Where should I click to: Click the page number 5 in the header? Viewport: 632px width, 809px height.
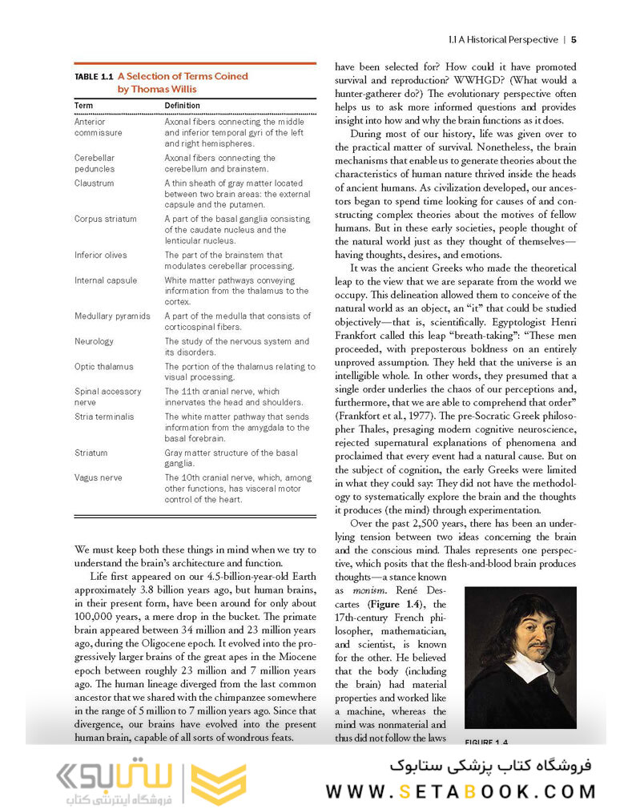pos(574,39)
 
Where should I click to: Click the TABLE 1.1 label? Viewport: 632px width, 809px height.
pos(94,77)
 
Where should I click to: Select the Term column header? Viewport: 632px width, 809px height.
pos(84,106)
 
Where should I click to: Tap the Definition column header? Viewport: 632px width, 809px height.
pos(182,106)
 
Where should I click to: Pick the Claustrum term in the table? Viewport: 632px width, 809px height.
pos(95,183)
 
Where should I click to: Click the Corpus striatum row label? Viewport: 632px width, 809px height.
pos(106,219)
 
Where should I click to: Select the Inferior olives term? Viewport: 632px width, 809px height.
pos(101,256)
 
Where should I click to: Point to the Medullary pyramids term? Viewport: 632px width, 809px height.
pos(112,316)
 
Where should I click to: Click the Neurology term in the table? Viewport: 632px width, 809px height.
pos(95,341)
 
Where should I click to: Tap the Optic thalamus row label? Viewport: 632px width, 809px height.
pos(104,367)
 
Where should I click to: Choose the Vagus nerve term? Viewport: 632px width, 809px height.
pos(99,477)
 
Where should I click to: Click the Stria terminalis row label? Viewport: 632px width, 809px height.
pos(104,417)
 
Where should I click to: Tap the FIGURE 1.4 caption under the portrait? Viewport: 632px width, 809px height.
pos(487,741)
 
